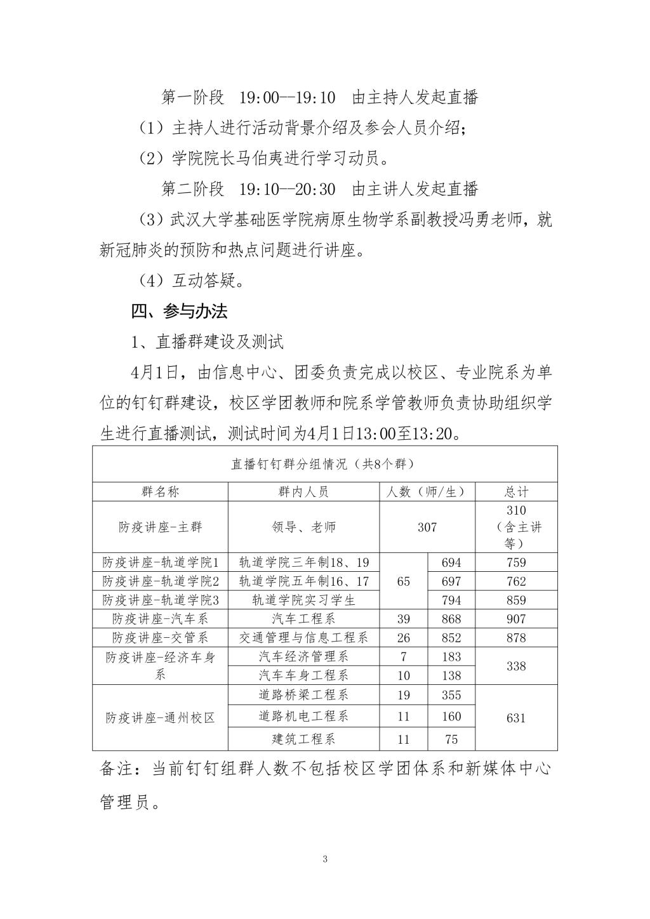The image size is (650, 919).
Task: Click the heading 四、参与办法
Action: [x=179, y=312]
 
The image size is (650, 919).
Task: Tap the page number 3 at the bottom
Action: [x=325, y=859]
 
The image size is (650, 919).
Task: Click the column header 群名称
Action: [x=160, y=492]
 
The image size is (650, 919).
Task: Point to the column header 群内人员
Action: [x=303, y=492]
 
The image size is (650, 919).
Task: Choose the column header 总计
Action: [x=516, y=492]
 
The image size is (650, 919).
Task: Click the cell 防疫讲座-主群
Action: [x=160, y=527]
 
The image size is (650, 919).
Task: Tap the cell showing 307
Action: [x=427, y=527]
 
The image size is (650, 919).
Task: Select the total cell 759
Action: [x=516, y=562]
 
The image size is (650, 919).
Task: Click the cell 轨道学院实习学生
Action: [x=303, y=600]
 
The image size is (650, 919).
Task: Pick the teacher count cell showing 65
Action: [x=404, y=581]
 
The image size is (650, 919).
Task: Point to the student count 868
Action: [x=451, y=619]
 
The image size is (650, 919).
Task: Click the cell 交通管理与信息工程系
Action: [x=303, y=638]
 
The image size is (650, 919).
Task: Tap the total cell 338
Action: [x=516, y=666]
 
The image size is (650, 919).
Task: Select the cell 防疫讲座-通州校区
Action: [x=160, y=718]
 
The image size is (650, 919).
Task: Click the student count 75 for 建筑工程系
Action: [x=451, y=739]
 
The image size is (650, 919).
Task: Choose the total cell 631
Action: [x=516, y=718]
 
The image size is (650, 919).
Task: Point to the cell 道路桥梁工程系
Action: [x=303, y=695]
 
